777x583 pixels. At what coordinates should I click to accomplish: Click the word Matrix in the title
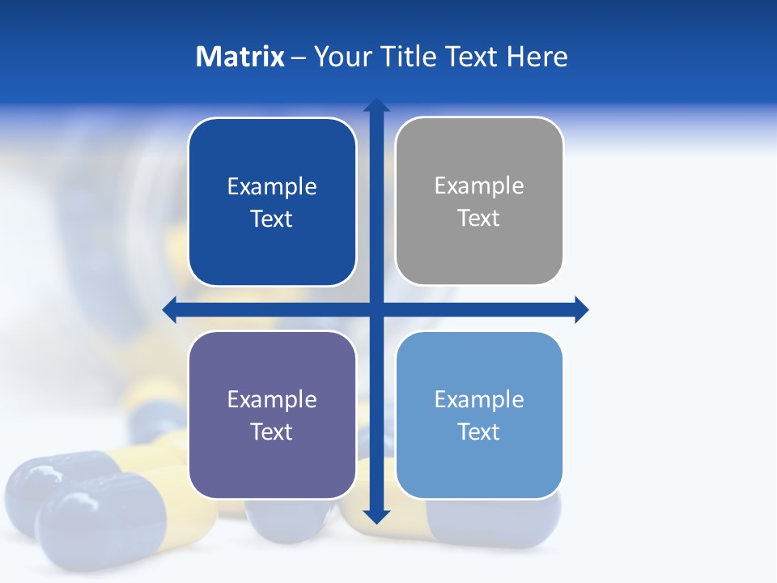[x=240, y=57]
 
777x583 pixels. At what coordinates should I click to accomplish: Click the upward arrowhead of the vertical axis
[x=376, y=104]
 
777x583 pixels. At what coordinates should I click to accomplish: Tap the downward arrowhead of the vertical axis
[x=376, y=517]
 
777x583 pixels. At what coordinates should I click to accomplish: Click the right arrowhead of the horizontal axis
[x=581, y=309]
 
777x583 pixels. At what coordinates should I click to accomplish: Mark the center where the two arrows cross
[x=376, y=309]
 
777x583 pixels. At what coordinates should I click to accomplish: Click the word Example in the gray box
[x=479, y=186]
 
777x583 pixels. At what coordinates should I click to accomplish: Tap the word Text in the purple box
[x=271, y=432]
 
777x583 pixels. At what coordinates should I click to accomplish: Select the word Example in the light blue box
[x=479, y=399]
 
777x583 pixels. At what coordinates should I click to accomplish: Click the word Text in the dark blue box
[x=271, y=219]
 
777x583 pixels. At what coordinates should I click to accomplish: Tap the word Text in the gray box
[x=479, y=218]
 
